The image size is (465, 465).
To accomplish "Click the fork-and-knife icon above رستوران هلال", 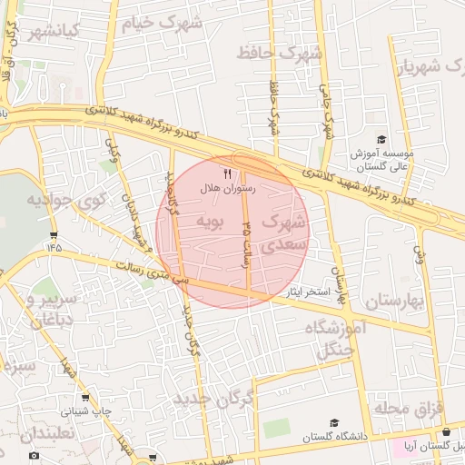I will point(227,173).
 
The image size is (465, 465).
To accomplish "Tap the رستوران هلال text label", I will point(228,188).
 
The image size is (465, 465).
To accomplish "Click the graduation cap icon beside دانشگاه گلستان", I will point(334,423).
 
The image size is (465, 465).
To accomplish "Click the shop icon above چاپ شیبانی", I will point(85,396).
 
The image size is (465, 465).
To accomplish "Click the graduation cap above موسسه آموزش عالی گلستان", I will point(381,139).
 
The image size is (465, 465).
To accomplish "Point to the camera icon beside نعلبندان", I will point(34,454).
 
